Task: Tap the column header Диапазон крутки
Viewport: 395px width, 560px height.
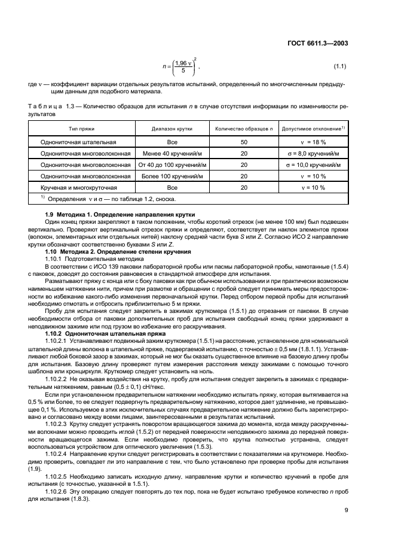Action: [x=172, y=129]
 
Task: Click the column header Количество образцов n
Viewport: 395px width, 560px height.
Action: [x=243, y=129]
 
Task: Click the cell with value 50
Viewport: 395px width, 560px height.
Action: [x=243, y=142]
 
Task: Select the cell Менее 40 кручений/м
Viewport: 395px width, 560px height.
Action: [x=172, y=154]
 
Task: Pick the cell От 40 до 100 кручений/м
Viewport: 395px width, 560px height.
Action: [x=172, y=165]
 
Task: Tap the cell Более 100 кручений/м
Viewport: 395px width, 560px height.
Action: [x=172, y=176]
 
